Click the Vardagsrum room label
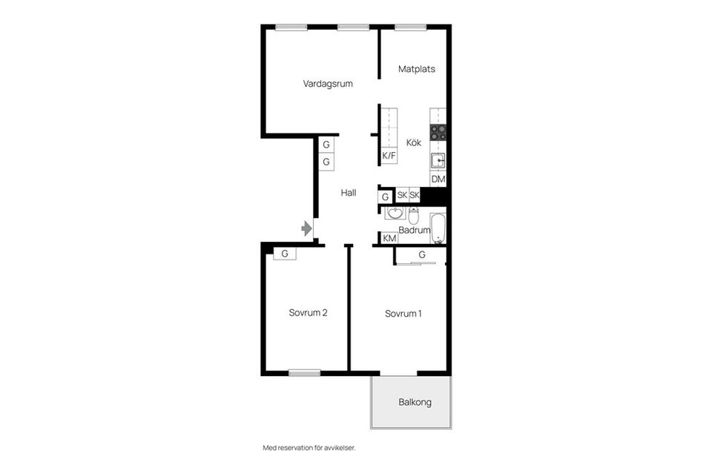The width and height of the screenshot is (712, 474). click(x=328, y=84)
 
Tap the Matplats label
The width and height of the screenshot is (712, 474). click(x=416, y=69)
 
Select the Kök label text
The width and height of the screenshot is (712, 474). click(x=414, y=142)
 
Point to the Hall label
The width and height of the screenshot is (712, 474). click(x=349, y=193)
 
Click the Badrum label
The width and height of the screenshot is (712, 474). click(x=414, y=230)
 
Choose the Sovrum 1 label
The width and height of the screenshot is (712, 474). click(x=403, y=314)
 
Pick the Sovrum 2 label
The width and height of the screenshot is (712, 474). click(x=308, y=313)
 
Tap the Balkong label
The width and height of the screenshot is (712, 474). click(x=415, y=402)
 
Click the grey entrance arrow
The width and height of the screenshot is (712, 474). click(x=307, y=228)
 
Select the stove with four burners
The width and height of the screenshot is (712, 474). click(x=438, y=132)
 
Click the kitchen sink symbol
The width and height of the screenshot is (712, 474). click(x=438, y=161)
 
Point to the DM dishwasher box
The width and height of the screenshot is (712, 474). click(x=438, y=180)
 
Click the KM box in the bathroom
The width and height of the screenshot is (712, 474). click(x=389, y=238)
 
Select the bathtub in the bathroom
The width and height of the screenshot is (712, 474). click(x=438, y=228)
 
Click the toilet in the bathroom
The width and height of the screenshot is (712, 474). click(x=413, y=215)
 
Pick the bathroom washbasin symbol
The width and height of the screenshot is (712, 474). click(x=395, y=214)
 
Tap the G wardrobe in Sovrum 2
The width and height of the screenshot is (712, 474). click(x=285, y=254)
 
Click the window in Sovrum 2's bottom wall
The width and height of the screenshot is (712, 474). click(x=305, y=373)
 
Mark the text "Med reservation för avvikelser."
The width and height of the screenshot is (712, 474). click(x=309, y=448)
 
